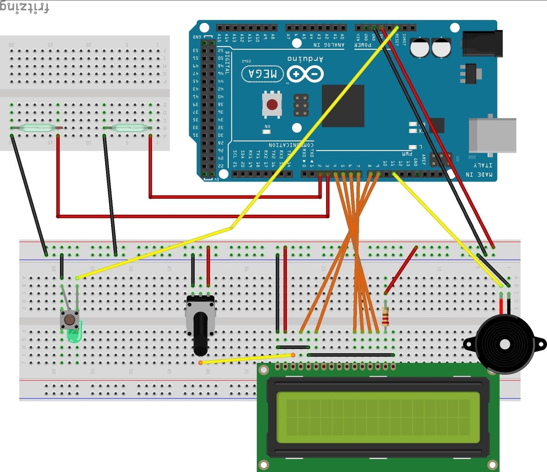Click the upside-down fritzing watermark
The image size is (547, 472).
[x=24, y=8]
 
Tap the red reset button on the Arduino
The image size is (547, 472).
[x=272, y=104]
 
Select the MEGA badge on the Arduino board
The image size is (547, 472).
[x=263, y=74]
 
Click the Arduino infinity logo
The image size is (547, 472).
[x=305, y=74]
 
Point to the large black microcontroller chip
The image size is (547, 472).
[x=343, y=106]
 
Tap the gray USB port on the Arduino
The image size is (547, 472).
[x=492, y=135]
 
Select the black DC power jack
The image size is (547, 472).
[x=482, y=44]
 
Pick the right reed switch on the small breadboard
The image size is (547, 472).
[x=128, y=128]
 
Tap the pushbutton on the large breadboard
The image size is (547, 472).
[x=69, y=319]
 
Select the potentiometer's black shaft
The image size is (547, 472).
[x=200, y=334]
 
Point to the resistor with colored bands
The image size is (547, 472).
[x=385, y=317]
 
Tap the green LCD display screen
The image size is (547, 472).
[x=378, y=416]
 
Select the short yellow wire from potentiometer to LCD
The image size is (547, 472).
[x=247, y=359]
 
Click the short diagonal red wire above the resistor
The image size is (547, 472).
[x=401, y=270]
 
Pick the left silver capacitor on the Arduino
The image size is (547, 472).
[x=420, y=47]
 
